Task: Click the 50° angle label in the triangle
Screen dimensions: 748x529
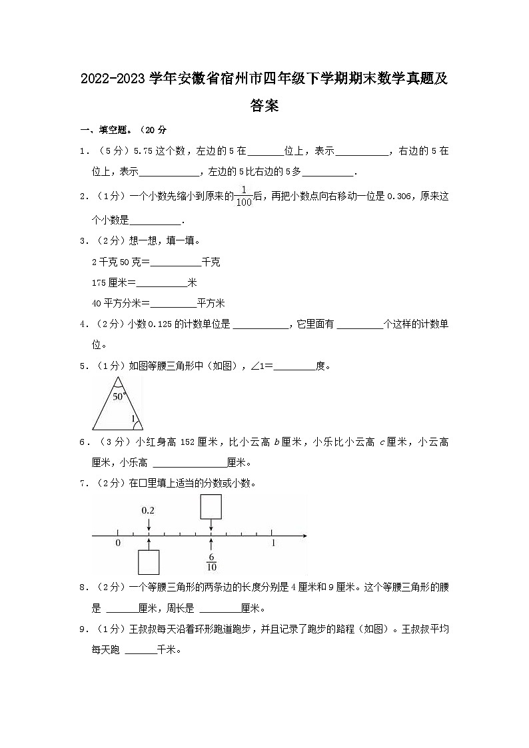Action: tap(119, 396)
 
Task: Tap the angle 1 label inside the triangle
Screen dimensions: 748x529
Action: tap(133, 419)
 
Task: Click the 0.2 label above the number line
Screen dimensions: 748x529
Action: tap(148, 511)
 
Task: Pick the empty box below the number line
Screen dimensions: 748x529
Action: tap(148, 561)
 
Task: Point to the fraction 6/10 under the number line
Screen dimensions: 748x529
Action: tap(211, 562)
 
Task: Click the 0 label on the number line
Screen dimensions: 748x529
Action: tap(118, 544)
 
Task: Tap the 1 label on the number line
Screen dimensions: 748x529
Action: tap(273, 544)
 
